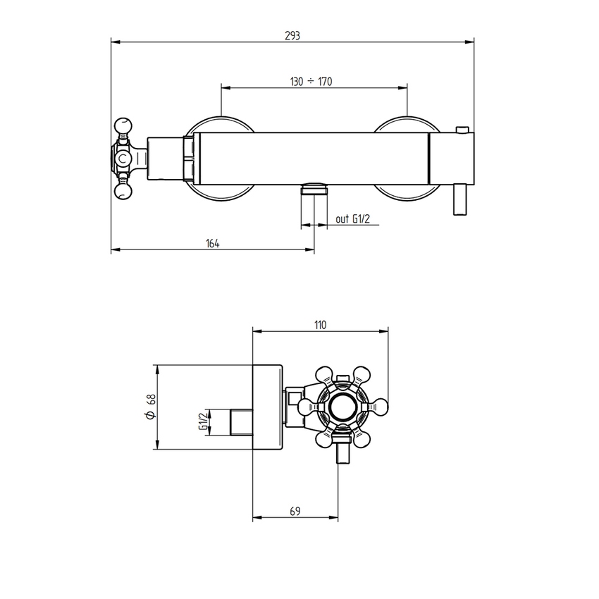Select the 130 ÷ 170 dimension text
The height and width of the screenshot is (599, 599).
click(x=311, y=82)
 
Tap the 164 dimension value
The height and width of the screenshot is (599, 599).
click(x=213, y=244)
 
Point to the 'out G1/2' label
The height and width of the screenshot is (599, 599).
click(x=352, y=220)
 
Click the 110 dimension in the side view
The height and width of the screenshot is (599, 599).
click(x=320, y=325)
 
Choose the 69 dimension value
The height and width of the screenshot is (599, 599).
click(x=296, y=512)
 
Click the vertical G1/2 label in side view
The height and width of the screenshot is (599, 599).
click(x=203, y=421)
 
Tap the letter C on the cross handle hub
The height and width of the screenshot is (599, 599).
click(x=124, y=159)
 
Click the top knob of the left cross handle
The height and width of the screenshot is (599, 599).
click(x=124, y=127)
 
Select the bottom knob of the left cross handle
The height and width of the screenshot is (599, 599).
click(x=124, y=190)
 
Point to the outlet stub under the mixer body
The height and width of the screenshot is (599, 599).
click(x=314, y=189)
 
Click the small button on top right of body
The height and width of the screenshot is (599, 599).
click(x=462, y=130)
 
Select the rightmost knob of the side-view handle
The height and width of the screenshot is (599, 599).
click(x=381, y=407)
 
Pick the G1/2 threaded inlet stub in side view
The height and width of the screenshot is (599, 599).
click(x=241, y=421)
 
